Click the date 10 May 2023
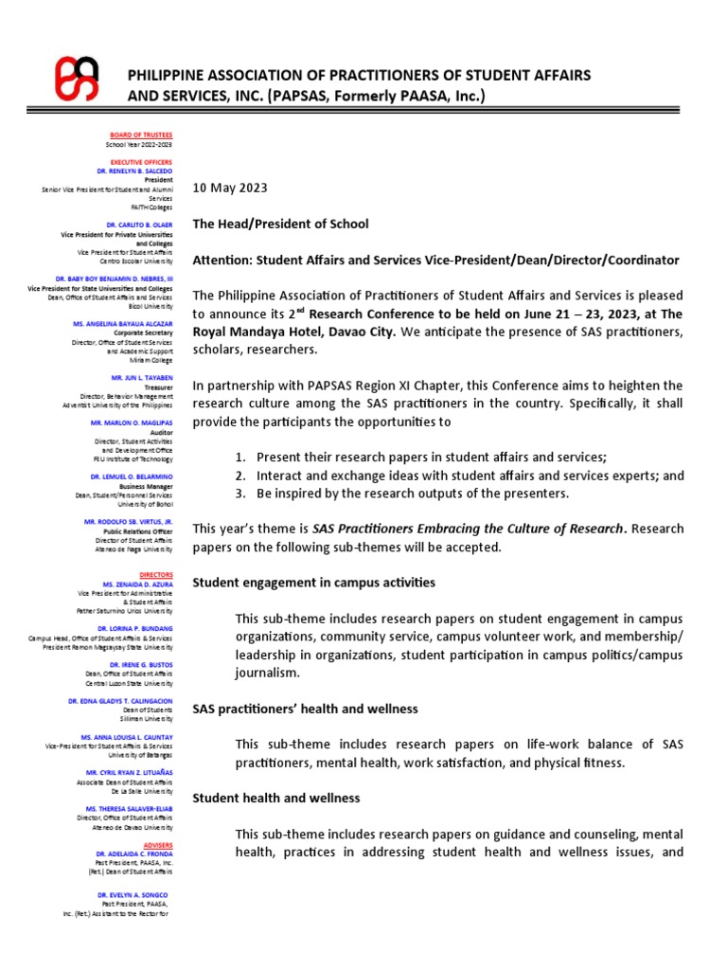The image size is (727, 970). (230, 189)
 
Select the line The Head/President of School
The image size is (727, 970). (280, 224)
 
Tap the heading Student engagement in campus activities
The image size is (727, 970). (313, 583)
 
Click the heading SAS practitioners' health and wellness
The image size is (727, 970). (305, 709)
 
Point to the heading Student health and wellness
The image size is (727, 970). (276, 799)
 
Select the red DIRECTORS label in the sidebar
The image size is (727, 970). (155, 574)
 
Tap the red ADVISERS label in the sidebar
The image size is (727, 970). (156, 844)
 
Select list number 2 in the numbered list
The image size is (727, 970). (240, 476)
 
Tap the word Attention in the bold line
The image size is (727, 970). (223, 260)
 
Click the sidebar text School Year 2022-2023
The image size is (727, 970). (139, 145)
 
